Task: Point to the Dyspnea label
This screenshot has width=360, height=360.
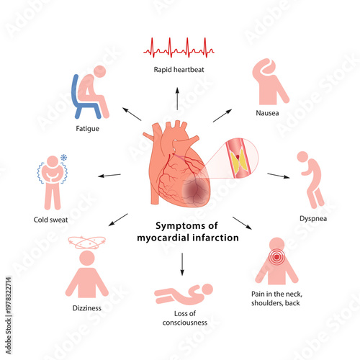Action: (314, 218)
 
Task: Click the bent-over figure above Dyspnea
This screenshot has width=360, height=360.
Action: (310, 180)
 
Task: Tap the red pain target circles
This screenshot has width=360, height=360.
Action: (276, 256)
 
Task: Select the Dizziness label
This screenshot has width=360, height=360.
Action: (87, 307)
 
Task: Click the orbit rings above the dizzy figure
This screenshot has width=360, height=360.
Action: (86, 243)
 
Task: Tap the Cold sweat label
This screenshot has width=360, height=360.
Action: (50, 219)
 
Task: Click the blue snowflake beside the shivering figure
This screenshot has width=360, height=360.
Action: (63, 158)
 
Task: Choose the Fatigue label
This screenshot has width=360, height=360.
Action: (87, 129)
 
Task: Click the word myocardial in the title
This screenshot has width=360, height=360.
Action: (168, 238)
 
